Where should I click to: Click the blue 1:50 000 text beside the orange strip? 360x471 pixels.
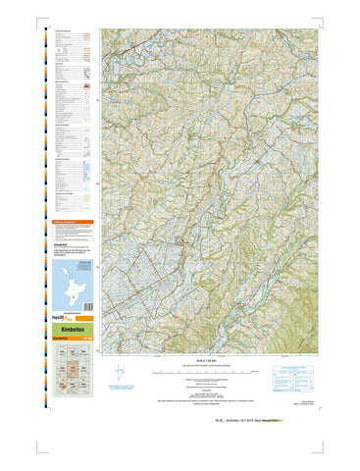(87, 340)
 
